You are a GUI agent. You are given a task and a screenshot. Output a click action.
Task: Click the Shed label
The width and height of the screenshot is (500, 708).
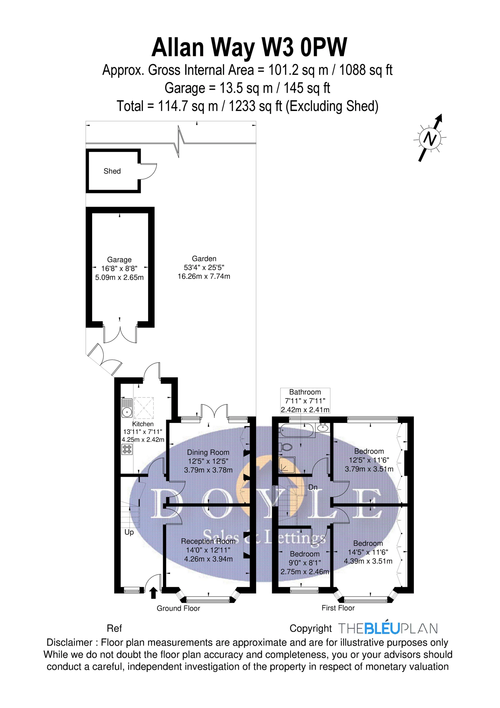click(112, 171)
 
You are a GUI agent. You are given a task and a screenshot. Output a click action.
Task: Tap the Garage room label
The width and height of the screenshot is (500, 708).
click(119, 260)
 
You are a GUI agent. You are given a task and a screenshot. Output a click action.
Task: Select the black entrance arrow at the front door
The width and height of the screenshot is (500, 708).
click(153, 593)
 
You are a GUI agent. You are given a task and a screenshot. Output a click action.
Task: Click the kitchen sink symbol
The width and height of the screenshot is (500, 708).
click(126, 409)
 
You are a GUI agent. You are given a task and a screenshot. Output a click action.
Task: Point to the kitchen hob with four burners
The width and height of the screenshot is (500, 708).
click(127, 449)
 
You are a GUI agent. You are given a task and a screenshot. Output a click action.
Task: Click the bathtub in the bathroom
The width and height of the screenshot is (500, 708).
click(297, 430)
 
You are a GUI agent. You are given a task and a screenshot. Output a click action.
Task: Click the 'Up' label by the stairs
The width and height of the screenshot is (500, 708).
click(129, 532)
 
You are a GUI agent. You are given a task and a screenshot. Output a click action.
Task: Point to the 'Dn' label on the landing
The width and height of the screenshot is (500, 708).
click(313, 487)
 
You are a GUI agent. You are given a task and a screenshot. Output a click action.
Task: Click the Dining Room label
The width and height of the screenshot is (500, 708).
click(208, 452)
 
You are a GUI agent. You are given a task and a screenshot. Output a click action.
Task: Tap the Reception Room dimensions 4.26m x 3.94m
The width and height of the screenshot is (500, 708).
click(208, 559)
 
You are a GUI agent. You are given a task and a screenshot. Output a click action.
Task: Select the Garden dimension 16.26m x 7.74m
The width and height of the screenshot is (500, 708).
click(204, 276)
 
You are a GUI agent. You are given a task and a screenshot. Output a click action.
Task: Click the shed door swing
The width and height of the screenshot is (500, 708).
click(148, 171)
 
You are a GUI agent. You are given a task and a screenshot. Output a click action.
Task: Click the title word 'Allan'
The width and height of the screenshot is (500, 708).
click(178, 47)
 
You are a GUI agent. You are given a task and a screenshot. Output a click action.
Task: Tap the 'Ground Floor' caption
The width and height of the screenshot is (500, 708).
click(178, 608)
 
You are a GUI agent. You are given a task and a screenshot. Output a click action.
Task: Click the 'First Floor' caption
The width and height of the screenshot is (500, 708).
click(338, 608)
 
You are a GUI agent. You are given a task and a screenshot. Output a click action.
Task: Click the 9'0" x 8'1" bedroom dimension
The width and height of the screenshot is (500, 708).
click(304, 563)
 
